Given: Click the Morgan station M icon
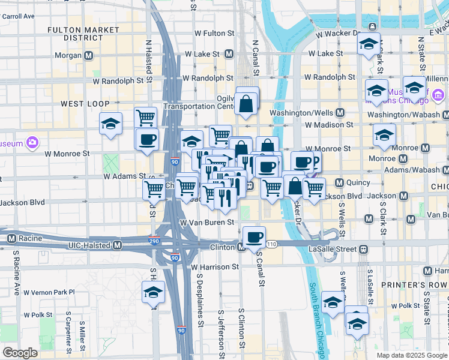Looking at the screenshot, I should (x=89, y=56).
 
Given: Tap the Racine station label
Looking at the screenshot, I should (x=31, y=238).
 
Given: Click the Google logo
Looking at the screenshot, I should (x=20, y=353).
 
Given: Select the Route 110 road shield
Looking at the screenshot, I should (x=272, y=244).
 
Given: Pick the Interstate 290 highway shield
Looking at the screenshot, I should (x=155, y=241).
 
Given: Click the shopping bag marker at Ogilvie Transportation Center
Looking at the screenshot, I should (x=247, y=103).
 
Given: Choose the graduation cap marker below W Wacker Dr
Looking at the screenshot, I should (x=369, y=44).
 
